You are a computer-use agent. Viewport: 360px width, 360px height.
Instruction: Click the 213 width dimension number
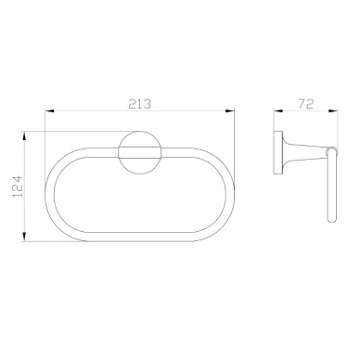pyautogui.click(x=140, y=104)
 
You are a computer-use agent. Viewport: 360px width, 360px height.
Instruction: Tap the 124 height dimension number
pyautogui.click(x=18, y=186)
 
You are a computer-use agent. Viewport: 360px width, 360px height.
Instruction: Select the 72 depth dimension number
pyautogui.click(x=306, y=104)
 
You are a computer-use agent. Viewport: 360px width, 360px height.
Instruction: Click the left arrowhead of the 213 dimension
pyautogui.click(x=49, y=110)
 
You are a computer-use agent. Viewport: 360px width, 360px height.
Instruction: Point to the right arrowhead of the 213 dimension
pyautogui.click(x=230, y=110)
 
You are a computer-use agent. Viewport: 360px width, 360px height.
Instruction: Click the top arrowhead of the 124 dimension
pyautogui.click(x=24, y=136)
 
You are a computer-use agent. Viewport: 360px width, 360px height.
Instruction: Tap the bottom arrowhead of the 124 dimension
pyautogui.click(x=24, y=237)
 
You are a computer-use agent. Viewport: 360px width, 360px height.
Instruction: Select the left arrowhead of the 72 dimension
pyautogui.click(x=278, y=110)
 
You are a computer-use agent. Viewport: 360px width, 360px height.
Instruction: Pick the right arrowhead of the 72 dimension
pyautogui.click(x=333, y=110)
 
